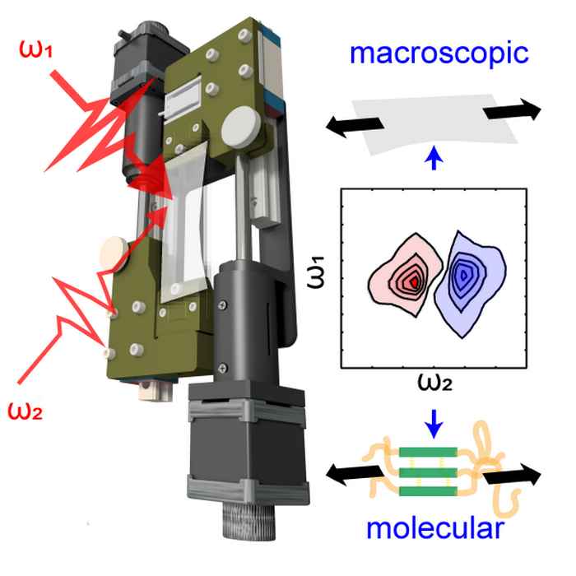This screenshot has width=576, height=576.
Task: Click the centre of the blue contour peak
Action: [x=467, y=274]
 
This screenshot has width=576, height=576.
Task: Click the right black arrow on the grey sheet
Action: [x=513, y=111]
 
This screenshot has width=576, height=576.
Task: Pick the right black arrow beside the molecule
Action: [x=512, y=476]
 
